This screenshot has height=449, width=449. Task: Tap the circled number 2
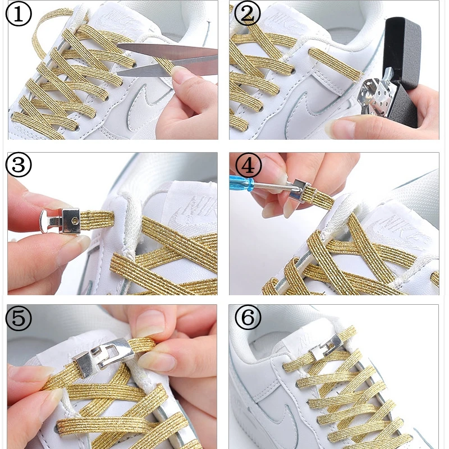point(247,14)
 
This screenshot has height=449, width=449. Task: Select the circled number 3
point(19,166)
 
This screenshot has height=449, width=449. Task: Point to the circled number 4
point(247,166)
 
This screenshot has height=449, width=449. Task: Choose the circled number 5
point(19,319)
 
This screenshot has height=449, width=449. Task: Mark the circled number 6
point(247,319)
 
